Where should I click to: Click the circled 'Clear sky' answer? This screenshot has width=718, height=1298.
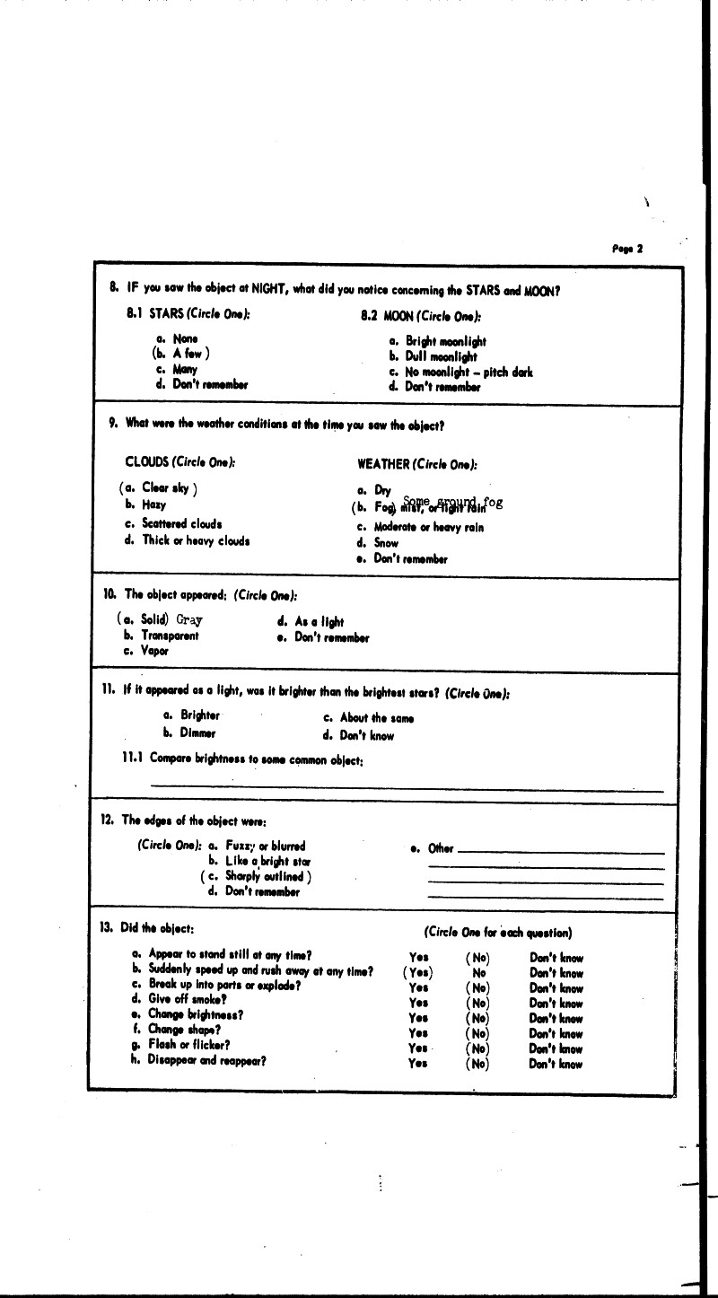pyautogui.click(x=158, y=488)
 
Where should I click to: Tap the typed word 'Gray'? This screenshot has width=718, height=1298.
pyautogui.click(x=189, y=619)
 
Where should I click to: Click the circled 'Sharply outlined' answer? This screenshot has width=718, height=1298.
pyautogui.click(x=257, y=876)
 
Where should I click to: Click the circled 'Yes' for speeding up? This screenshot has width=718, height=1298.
pyautogui.click(x=418, y=972)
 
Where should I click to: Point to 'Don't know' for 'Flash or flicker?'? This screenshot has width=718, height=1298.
pyautogui.click(x=556, y=1048)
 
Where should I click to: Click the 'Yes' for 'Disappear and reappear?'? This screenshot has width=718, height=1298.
pyautogui.click(x=417, y=1064)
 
